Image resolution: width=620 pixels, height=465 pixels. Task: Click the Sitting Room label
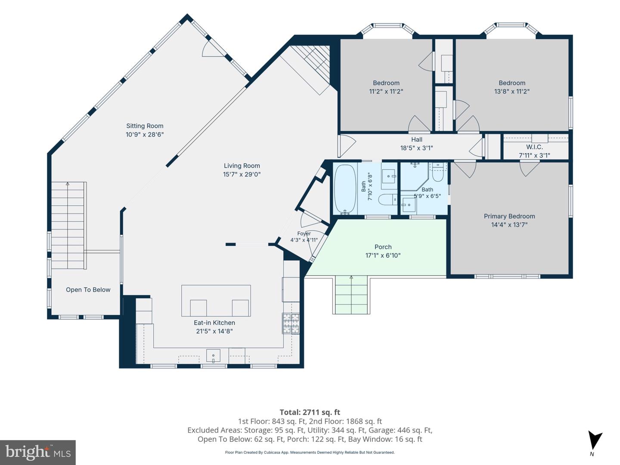click(x=145, y=126)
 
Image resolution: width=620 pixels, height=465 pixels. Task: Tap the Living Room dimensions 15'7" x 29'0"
click(x=242, y=174)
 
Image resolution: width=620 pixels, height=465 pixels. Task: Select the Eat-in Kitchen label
click(x=214, y=322)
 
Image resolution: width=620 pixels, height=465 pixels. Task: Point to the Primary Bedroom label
click(x=509, y=216)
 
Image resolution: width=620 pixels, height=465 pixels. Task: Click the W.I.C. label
click(x=534, y=147)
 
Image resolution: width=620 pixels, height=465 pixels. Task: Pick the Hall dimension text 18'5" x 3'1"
click(x=417, y=148)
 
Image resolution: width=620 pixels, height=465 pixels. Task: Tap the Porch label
click(x=383, y=247)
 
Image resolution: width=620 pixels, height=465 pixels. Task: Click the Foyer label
click(x=304, y=233)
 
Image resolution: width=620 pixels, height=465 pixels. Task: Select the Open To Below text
click(x=88, y=290)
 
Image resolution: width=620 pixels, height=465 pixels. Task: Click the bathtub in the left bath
click(x=344, y=189)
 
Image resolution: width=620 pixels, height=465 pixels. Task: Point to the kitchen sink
click(x=213, y=356)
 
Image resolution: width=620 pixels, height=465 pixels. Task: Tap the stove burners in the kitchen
click(x=291, y=323)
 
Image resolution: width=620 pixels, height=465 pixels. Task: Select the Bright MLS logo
click(x=38, y=452)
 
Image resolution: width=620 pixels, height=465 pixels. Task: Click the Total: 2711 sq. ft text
click(x=310, y=412)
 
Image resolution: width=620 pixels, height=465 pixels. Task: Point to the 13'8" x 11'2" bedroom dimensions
click(x=512, y=91)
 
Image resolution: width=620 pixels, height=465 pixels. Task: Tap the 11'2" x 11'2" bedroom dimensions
click(x=386, y=91)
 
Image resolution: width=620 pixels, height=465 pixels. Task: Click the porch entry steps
click(x=351, y=295)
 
